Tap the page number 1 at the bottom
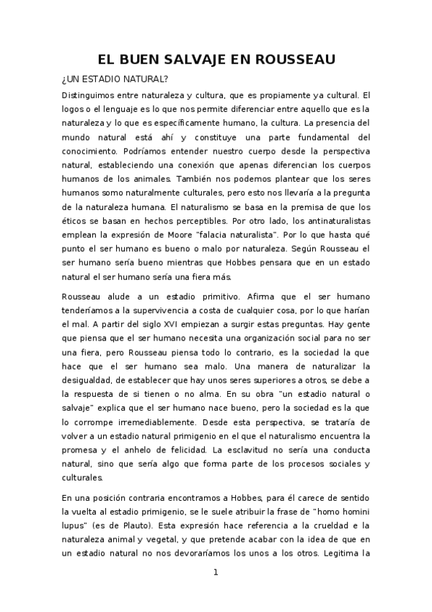click(215, 573)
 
